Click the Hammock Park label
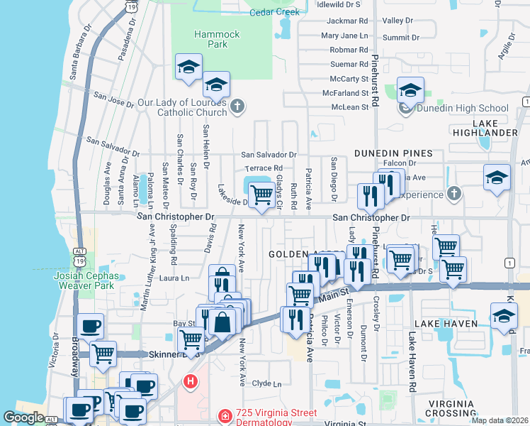(x=217, y=39)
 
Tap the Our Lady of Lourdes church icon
(x=237, y=107)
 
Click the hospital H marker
(x=190, y=382)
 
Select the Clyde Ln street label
(x=267, y=384)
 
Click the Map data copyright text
(x=500, y=420)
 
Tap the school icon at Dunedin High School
(x=410, y=91)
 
